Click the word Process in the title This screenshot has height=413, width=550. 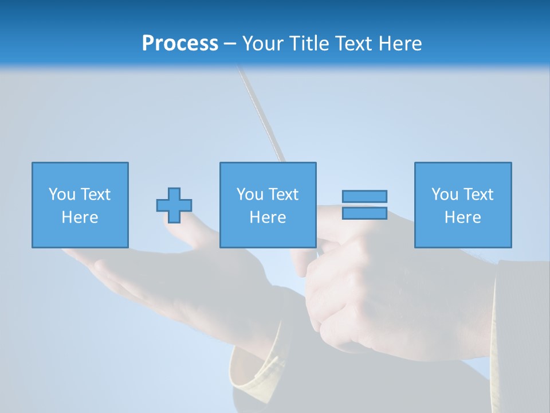click(x=180, y=44)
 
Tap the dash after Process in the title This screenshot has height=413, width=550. click(x=230, y=44)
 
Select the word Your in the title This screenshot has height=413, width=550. click(x=264, y=44)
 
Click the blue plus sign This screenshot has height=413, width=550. click(x=174, y=205)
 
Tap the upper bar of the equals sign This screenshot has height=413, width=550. click(x=364, y=196)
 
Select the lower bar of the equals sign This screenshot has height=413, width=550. click(x=364, y=213)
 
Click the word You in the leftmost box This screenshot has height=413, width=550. click(x=62, y=194)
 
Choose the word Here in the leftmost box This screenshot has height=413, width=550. click(x=80, y=217)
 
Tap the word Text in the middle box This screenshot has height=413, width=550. click(x=283, y=194)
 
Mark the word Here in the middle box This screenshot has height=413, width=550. click(x=268, y=217)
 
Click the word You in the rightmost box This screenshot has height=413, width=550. click(x=445, y=194)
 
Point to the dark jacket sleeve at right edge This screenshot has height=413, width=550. click(x=521, y=321)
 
